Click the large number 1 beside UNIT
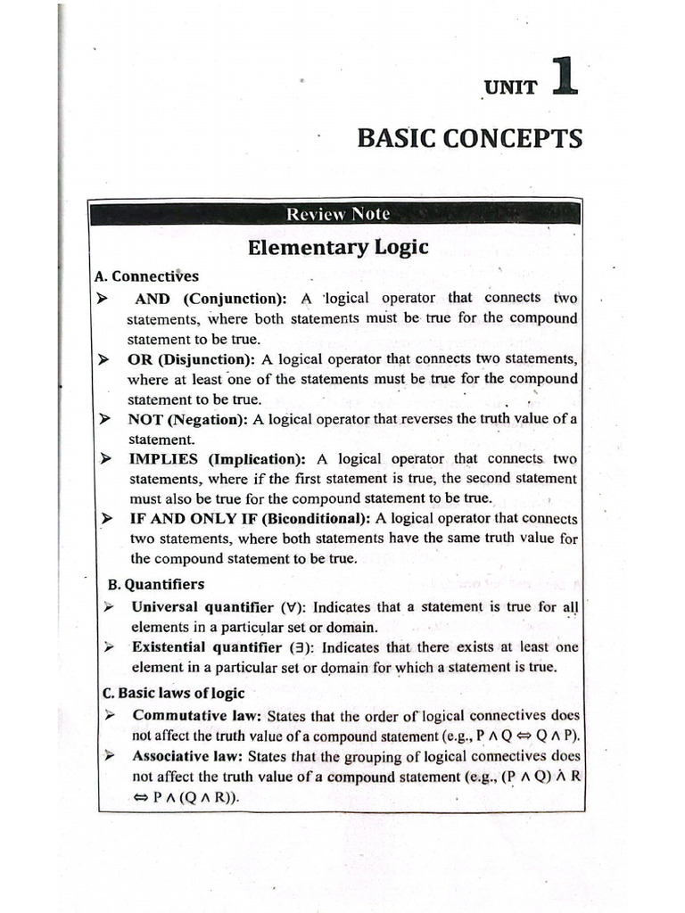click(x=565, y=76)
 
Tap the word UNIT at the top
click(x=511, y=87)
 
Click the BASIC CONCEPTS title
click(x=469, y=139)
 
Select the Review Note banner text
click(x=337, y=214)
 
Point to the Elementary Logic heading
click(x=337, y=247)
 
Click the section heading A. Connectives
click(x=146, y=276)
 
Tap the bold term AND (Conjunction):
click(x=210, y=299)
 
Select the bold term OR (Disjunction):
click(x=191, y=359)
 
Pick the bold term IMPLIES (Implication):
click(x=217, y=459)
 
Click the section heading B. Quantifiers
click(x=155, y=585)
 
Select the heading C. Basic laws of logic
click(x=174, y=692)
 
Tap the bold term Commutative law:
click(x=197, y=715)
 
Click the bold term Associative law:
click(x=188, y=756)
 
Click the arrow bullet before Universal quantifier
click(x=108, y=607)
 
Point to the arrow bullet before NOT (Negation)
click(x=105, y=419)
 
